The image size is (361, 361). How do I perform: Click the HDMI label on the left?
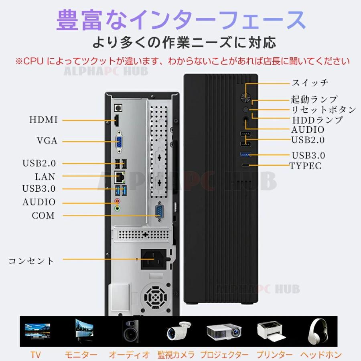tap(44, 120)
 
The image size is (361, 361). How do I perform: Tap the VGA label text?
tap(47, 141)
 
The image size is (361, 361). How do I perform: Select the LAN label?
tap(45, 176)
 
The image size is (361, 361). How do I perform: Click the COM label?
tap(43, 216)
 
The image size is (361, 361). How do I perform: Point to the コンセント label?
tap(31, 261)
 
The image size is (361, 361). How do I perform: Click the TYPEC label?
tap(306, 166)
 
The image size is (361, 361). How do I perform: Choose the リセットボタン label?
tap(323, 110)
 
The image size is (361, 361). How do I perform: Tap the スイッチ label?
tap(310, 83)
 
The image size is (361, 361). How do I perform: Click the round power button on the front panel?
tap(245, 97)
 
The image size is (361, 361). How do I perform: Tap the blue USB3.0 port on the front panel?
tap(246, 154)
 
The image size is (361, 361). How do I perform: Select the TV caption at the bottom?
tap(35, 355)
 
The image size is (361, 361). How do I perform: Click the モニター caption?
tap(81, 355)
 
